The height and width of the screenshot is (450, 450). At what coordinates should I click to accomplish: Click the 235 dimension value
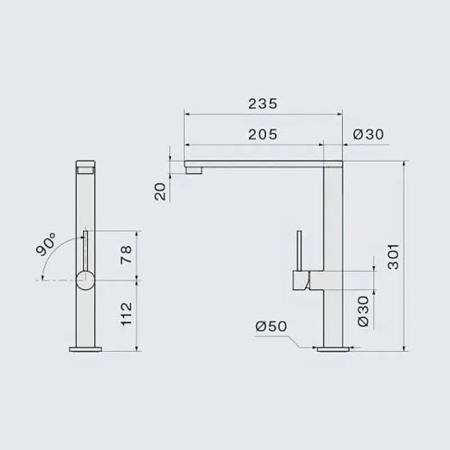tap(263, 103)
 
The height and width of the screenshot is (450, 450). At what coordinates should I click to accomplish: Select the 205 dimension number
tap(263, 134)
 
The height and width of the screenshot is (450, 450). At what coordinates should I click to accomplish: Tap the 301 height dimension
tap(393, 256)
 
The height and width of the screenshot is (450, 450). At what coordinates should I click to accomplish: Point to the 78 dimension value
tap(126, 255)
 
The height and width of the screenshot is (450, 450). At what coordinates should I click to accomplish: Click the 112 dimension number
tap(126, 314)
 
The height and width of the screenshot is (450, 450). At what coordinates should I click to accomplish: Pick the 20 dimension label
tap(160, 191)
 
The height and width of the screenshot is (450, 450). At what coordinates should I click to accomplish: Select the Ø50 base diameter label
tap(271, 326)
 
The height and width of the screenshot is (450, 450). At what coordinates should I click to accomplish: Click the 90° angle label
tap(46, 244)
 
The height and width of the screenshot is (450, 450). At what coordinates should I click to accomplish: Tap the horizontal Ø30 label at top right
tap(368, 134)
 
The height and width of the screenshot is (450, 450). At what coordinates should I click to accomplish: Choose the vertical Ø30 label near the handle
tap(363, 312)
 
